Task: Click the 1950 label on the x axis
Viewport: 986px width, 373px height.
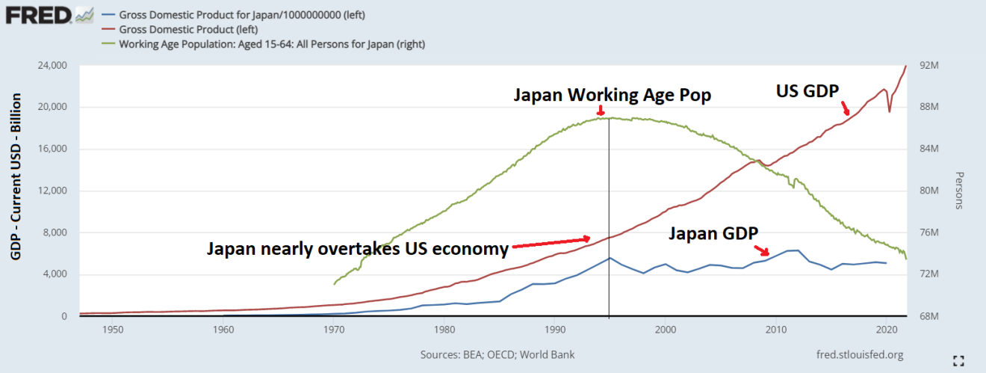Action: click(x=113, y=330)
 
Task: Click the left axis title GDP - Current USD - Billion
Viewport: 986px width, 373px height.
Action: click(x=16, y=178)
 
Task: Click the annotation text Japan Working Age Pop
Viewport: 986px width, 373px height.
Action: click(x=612, y=95)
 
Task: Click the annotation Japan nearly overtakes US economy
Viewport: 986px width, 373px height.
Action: click(x=358, y=248)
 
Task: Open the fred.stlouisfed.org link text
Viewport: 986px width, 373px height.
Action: click(x=861, y=354)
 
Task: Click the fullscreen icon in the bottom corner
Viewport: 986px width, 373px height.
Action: click(x=960, y=360)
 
